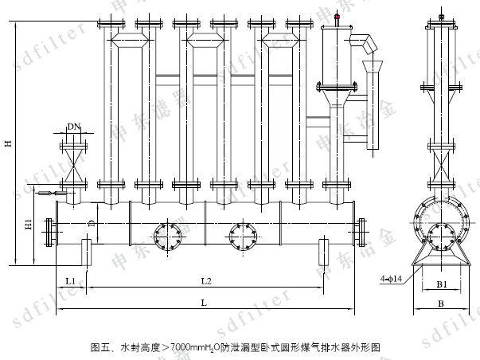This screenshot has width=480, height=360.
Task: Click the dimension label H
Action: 7,143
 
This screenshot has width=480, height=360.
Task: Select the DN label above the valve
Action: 73,127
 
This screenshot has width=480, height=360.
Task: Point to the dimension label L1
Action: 70,281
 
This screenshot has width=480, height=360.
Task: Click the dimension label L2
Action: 205,281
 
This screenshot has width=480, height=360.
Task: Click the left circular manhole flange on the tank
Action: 168,234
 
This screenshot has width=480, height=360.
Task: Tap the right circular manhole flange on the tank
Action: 244,234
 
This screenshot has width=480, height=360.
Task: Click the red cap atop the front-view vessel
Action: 337,16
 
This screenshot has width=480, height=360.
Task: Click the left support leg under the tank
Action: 87,252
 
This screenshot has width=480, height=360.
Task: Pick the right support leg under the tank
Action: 324,252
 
